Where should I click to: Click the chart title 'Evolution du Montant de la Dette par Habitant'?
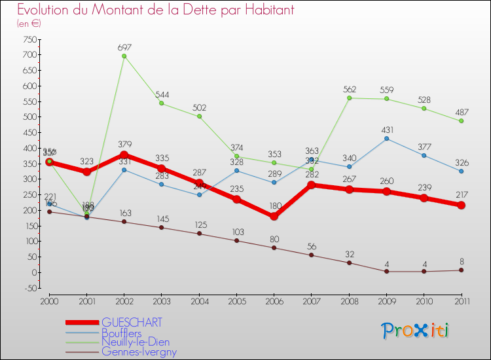(156, 10)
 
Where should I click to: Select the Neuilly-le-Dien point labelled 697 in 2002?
(124, 56)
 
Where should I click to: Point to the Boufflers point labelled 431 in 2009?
(386, 138)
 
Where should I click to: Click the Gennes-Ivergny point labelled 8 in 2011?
(461, 270)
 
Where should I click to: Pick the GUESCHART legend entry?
(132, 323)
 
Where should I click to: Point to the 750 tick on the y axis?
(29, 39)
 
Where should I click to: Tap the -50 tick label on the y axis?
(29, 288)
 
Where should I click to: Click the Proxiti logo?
(416, 331)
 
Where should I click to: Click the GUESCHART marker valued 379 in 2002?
(124, 155)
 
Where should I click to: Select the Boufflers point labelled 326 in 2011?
(461, 171)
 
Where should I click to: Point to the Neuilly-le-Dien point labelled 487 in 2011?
(461, 121)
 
